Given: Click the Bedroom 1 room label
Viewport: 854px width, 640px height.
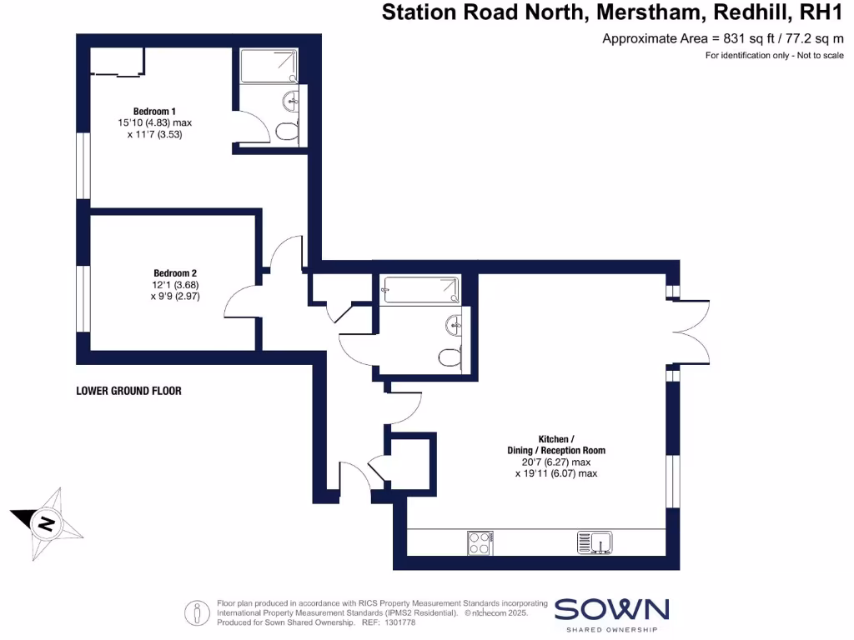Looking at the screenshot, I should pyautogui.click(x=154, y=112).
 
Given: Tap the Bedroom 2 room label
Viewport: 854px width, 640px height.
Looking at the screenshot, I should pyautogui.click(x=175, y=273).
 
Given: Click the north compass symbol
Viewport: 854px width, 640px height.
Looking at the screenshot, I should pyautogui.click(x=48, y=523).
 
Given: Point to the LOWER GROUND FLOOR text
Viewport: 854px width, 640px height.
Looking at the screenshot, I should pyautogui.click(x=128, y=390).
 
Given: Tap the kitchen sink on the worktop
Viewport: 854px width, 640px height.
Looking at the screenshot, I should pyautogui.click(x=595, y=543).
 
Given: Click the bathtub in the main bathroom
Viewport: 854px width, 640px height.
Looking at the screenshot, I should pyautogui.click(x=419, y=290).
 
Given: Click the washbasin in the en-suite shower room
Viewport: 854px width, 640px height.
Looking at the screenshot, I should pyautogui.click(x=291, y=102).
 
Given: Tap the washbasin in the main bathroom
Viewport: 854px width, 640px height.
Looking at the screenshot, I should pyautogui.click(x=454, y=323).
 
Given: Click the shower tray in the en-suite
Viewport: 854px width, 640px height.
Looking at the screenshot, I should pyautogui.click(x=269, y=66).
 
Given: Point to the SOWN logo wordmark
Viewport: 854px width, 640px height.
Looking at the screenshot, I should pyautogui.click(x=611, y=610).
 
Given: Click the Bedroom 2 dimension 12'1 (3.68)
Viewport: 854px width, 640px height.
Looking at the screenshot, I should pyautogui.click(x=175, y=284).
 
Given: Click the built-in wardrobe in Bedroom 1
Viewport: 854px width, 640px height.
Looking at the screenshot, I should pyautogui.click(x=117, y=62).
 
